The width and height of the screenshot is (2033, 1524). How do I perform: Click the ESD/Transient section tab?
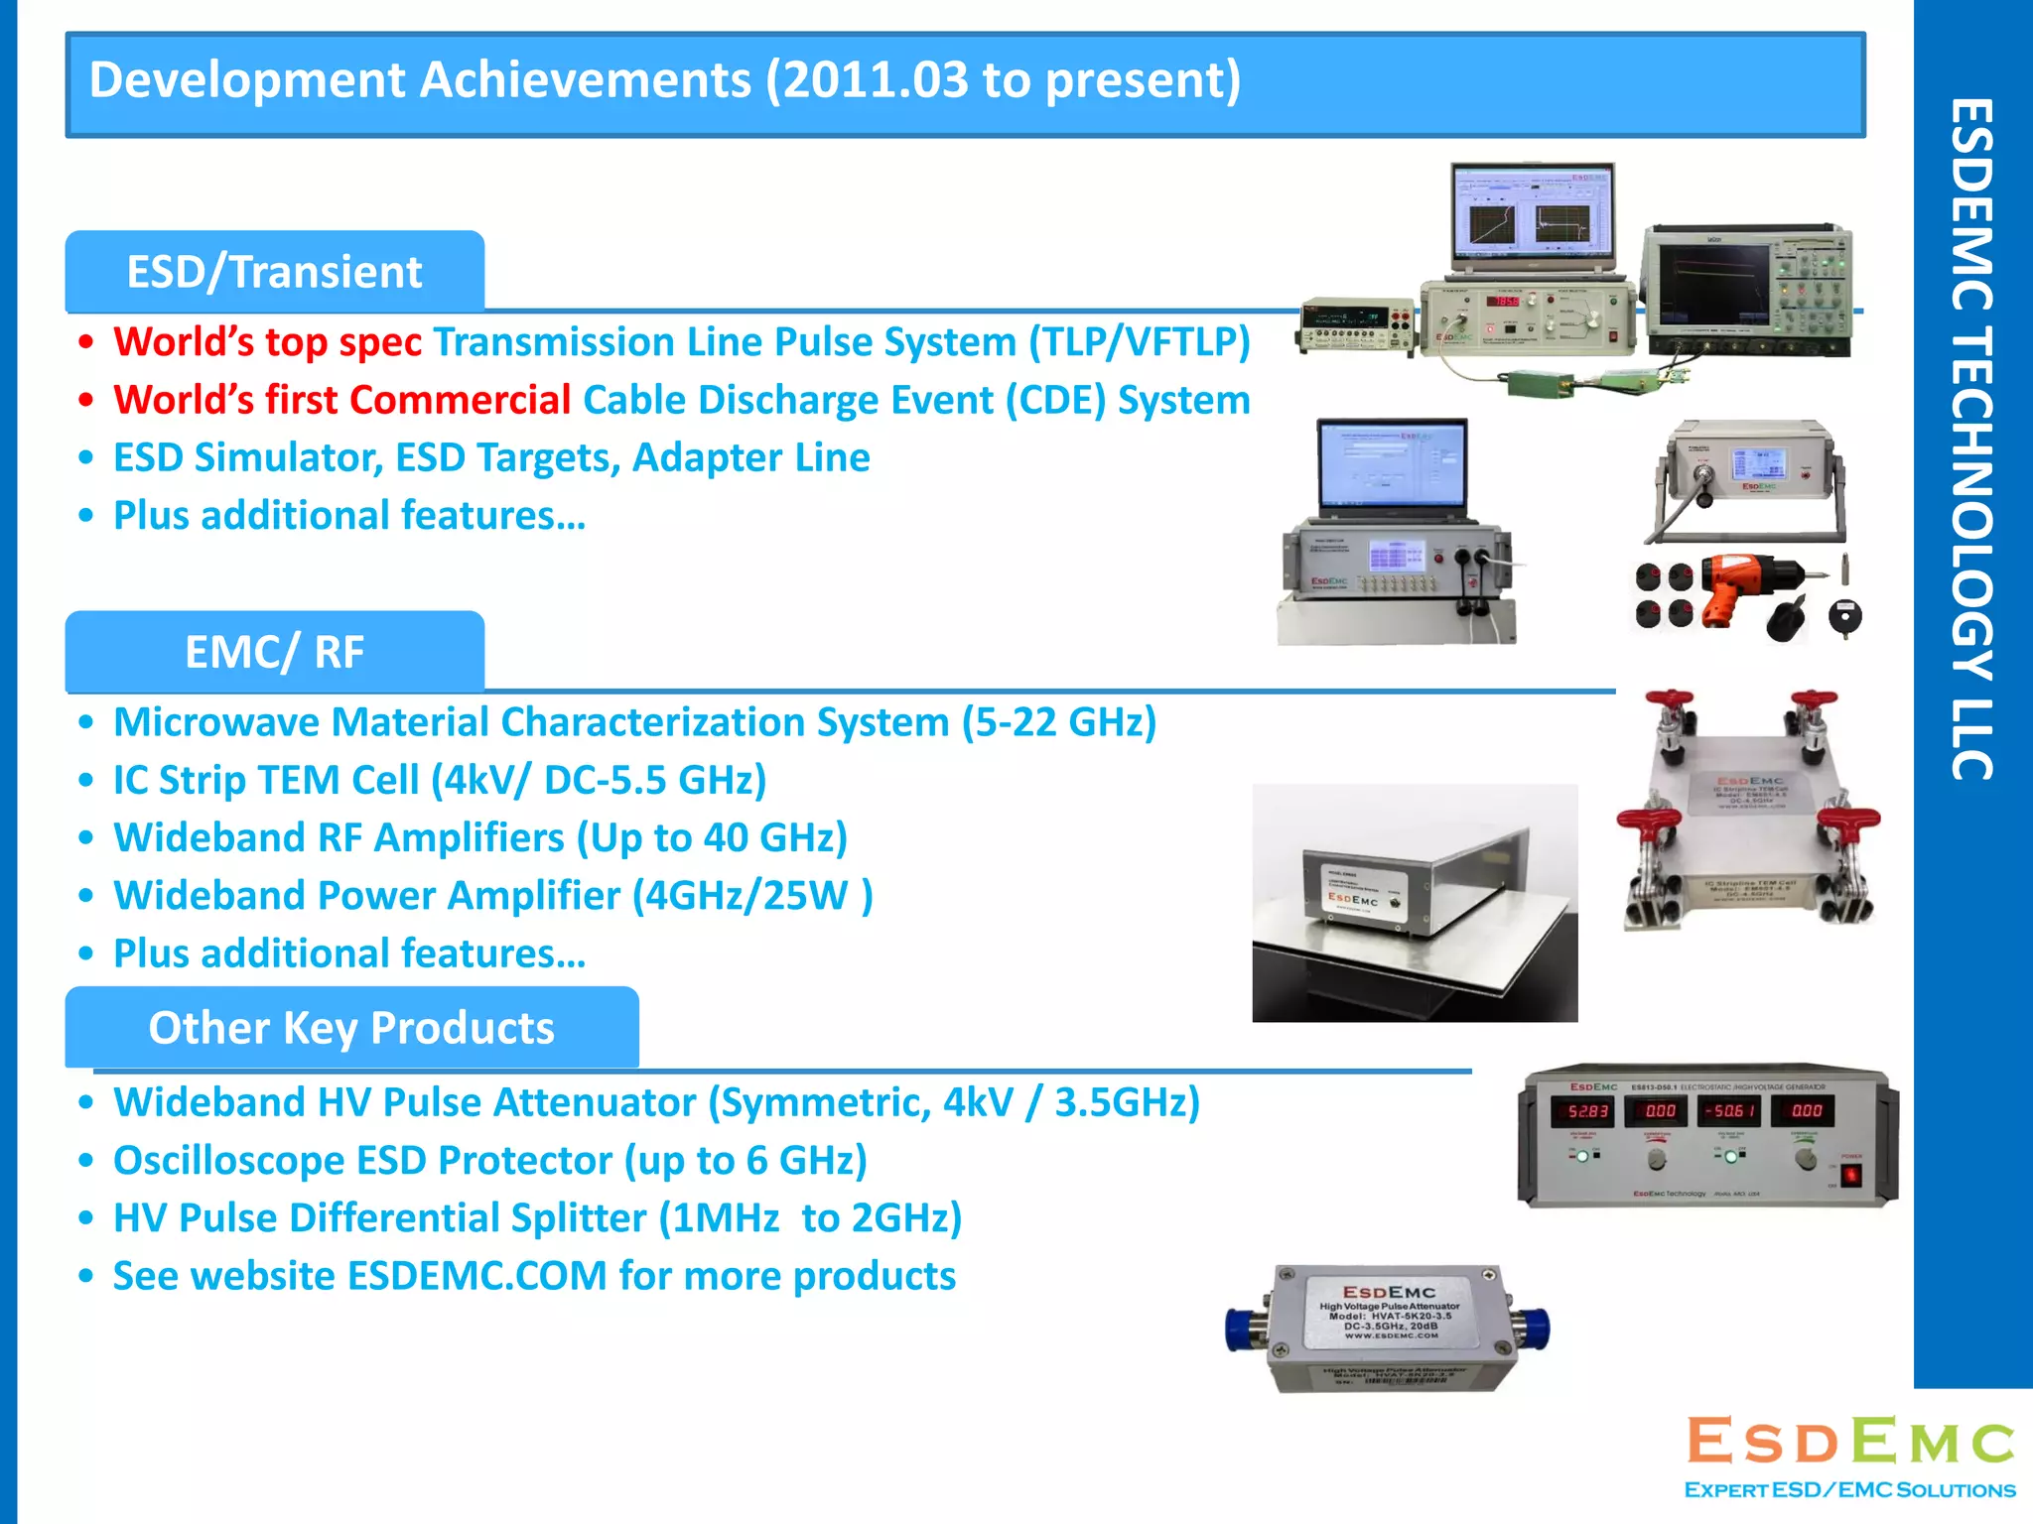coord(274,272)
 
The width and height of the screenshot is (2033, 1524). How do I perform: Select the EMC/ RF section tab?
coord(274,652)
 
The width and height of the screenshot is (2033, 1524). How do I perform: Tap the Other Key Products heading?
coord(351,1028)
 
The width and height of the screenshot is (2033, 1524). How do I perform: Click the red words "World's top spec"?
coord(267,342)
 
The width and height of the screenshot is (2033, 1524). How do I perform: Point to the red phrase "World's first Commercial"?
coord(341,400)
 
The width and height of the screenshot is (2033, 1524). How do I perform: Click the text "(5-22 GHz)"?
coord(1058,722)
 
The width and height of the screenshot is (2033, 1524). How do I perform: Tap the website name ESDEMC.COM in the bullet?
coord(476,1276)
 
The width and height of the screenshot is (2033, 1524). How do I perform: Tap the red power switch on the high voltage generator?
coord(1851,1175)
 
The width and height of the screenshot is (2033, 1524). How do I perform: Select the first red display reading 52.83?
coord(1582,1111)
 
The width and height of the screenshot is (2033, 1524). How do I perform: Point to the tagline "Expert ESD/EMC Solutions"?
coord(1849,1490)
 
